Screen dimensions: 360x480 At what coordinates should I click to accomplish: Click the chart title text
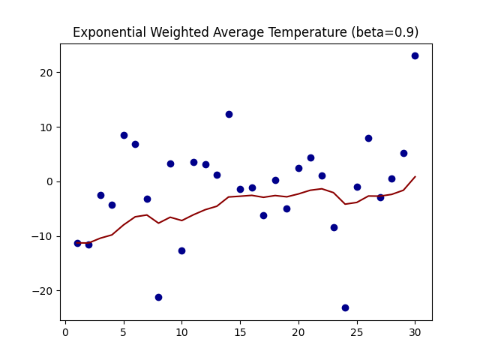click(x=245, y=33)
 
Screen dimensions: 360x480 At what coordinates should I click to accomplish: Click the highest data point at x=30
click(x=415, y=55)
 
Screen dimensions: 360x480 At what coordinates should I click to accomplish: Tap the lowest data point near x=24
click(x=345, y=307)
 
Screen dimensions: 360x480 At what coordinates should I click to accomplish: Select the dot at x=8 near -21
click(x=158, y=297)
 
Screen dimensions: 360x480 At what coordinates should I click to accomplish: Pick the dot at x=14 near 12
click(x=229, y=114)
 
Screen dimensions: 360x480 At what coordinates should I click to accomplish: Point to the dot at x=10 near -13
click(x=181, y=250)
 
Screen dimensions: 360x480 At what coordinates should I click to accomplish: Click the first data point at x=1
click(x=77, y=243)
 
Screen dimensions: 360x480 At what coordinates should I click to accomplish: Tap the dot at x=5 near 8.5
click(x=124, y=135)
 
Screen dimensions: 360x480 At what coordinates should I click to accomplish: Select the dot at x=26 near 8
click(x=368, y=138)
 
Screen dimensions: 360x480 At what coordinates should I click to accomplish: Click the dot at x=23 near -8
click(x=334, y=227)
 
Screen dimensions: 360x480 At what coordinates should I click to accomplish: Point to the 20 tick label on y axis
click(x=46, y=73)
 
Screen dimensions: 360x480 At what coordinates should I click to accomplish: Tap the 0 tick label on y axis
click(x=49, y=181)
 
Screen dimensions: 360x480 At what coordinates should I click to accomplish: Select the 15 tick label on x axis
click(x=240, y=333)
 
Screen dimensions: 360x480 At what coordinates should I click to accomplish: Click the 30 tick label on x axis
click(x=415, y=333)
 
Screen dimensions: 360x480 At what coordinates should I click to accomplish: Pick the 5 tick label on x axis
click(x=124, y=333)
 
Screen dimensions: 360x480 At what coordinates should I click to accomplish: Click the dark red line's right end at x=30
click(x=415, y=177)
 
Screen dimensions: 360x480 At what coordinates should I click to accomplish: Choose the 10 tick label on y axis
click(x=46, y=127)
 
